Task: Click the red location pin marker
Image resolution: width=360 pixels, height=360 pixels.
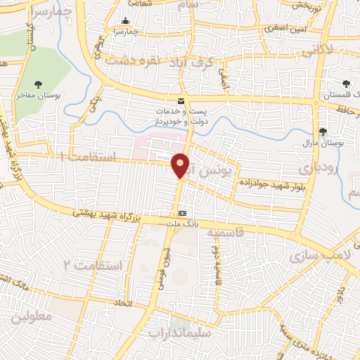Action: pyautogui.click(x=181, y=165)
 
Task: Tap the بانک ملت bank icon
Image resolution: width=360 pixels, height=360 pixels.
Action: pyautogui.click(x=183, y=213)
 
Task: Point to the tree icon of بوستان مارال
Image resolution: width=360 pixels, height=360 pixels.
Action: pyautogui.click(x=323, y=131)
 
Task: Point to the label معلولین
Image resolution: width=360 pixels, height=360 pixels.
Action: pyautogui.click(x=32, y=317)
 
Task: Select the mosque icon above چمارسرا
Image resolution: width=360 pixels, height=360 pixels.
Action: pyautogui.click(x=125, y=21)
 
